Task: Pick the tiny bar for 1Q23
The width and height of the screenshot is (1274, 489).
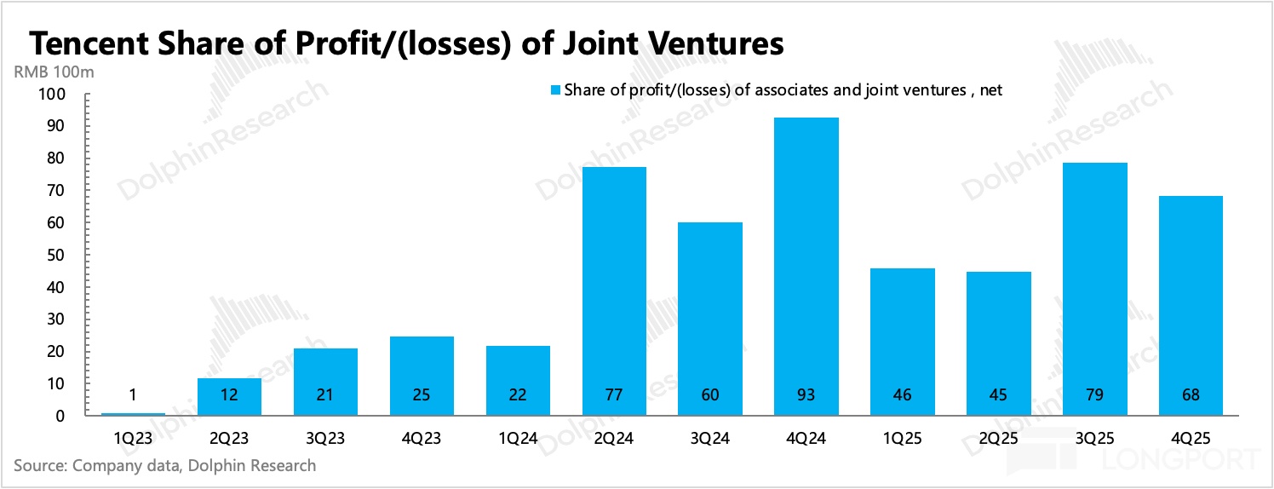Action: coord(133,414)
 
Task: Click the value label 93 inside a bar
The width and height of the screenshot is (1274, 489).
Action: coord(806,395)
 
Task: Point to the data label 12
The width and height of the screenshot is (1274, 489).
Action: coord(229,395)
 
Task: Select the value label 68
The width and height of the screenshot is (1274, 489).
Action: coord(1191,395)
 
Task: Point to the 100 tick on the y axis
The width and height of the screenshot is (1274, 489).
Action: coord(51,94)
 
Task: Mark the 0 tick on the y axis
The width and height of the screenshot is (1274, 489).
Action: coord(60,416)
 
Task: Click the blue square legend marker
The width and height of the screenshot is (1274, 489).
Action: coord(555,89)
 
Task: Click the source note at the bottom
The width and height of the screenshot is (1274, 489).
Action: coord(164,466)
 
